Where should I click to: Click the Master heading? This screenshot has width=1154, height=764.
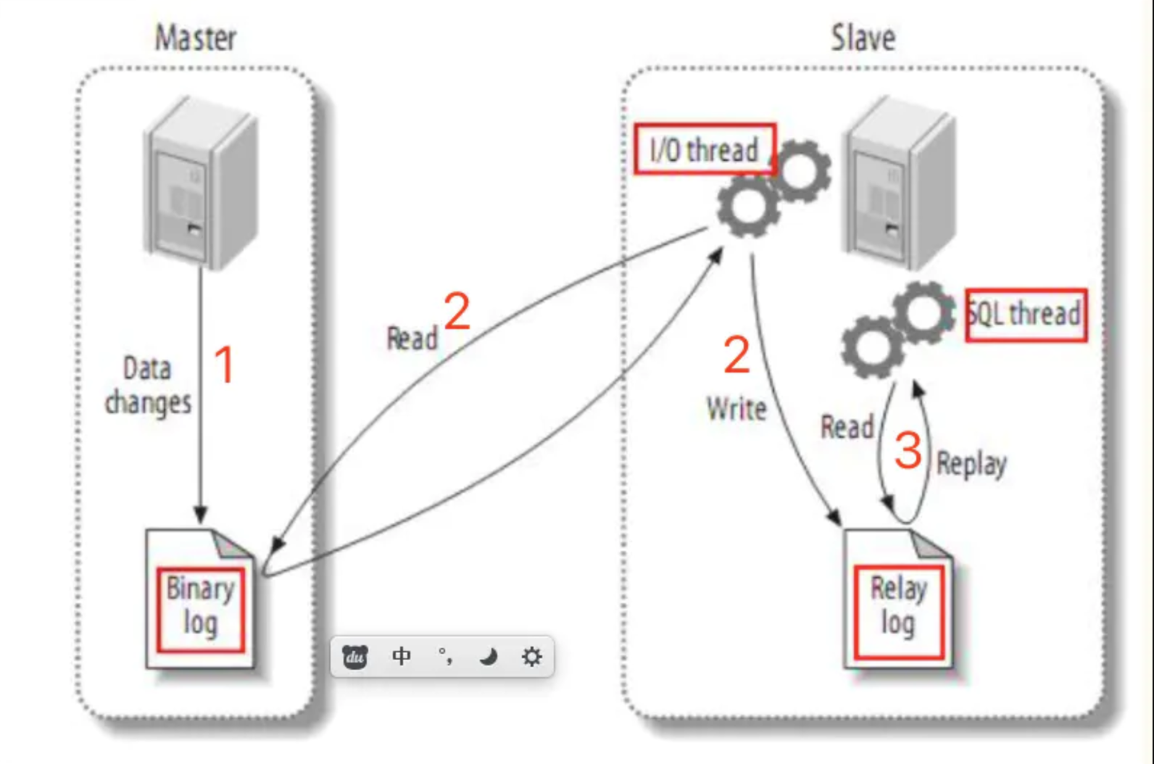pos(196,38)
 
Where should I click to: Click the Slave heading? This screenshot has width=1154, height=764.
pos(863,38)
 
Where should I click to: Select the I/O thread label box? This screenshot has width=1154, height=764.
pos(705,149)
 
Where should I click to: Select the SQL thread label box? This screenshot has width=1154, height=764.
pos(1026,315)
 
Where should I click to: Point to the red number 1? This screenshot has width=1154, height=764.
pos(225,365)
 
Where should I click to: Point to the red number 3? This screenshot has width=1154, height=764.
pos(908,450)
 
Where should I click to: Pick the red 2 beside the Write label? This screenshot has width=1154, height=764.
pos(736,355)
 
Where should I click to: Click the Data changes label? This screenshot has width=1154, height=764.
pos(148,386)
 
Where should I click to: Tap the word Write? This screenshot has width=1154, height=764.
pos(736,409)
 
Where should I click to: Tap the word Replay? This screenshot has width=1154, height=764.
pos(971,464)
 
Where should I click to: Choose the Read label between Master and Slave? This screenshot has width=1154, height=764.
pos(412,339)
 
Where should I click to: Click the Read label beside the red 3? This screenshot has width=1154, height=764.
pos(847,427)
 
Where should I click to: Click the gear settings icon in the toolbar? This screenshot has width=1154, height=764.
pos(531,657)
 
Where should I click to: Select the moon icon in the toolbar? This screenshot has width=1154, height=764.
pos(489,657)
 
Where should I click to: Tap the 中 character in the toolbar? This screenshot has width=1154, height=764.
pos(401,657)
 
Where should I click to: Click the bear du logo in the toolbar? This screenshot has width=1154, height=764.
pos(355,657)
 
